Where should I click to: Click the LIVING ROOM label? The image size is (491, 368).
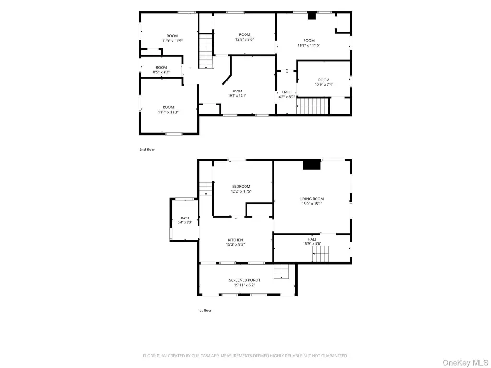click(312, 199)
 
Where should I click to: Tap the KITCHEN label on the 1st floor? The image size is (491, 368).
click(235, 240)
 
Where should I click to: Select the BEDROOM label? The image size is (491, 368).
click(241, 186)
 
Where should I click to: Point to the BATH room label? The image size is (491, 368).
click(185, 218)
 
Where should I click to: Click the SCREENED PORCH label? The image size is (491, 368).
click(245, 280)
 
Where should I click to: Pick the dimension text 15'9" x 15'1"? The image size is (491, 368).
click(312, 204)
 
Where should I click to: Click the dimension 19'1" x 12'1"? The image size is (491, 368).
click(237, 96)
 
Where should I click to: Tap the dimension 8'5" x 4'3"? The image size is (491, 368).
click(161, 72)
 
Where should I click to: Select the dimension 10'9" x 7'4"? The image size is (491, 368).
click(324, 84)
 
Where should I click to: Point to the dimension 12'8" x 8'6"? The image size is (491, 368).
click(245, 39)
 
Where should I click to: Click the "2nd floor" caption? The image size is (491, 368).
click(147, 149)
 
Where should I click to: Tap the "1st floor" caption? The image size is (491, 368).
click(204, 310)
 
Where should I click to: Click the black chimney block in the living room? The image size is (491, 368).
click(312, 165)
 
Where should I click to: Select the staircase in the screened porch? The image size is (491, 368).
click(281, 271)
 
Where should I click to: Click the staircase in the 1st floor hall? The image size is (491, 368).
click(321, 254)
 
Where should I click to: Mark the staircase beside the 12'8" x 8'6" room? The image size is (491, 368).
click(206, 51)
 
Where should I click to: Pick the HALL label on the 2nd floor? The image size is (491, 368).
click(287, 92)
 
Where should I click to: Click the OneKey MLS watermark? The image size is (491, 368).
click(465, 363)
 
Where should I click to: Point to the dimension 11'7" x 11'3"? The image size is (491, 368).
click(168, 112)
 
